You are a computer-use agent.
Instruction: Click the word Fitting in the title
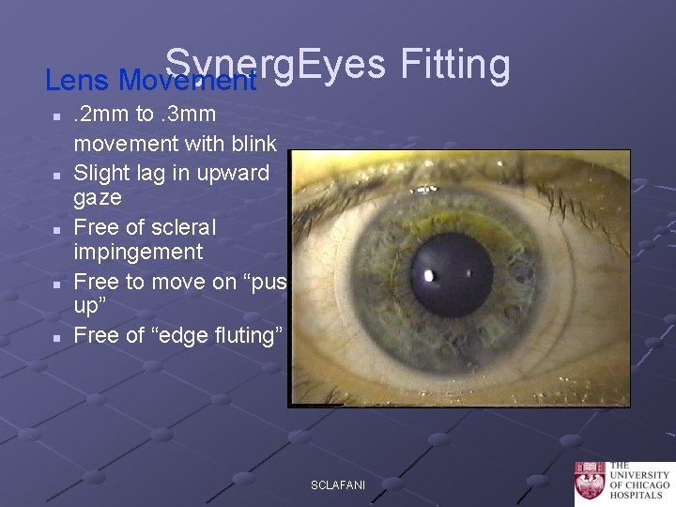(x=455, y=66)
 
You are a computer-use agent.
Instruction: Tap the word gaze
(x=98, y=197)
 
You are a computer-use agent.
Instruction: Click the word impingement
(x=138, y=252)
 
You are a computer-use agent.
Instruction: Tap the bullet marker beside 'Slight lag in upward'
(x=57, y=175)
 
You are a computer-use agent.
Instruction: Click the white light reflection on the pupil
(x=429, y=276)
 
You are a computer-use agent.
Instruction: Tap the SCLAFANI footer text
(x=338, y=485)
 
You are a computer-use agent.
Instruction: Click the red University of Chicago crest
(x=590, y=483)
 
